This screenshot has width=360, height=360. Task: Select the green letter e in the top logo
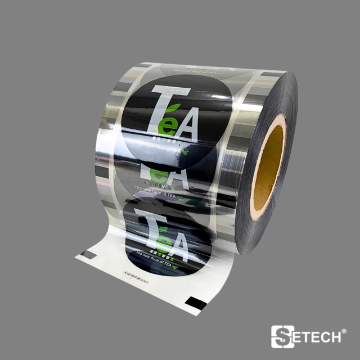[x=165, y=126]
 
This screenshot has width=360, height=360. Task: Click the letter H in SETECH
[x=334, y=337]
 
